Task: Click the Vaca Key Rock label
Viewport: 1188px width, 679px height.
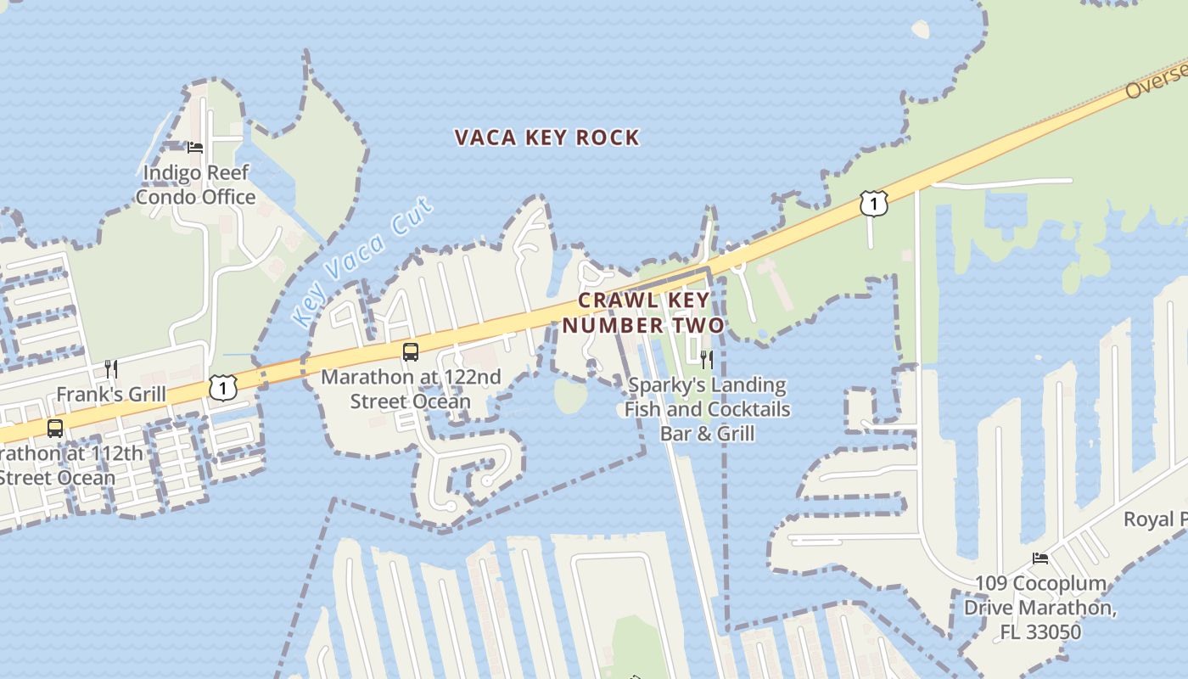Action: [x=546, y=137]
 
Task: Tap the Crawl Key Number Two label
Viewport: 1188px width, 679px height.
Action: [x=643, y=313]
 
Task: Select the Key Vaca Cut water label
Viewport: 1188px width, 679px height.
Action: [x=362, y=262]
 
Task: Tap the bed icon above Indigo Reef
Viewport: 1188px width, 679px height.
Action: [x=195, y=147]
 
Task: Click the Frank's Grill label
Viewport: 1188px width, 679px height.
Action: [x=111, y=395]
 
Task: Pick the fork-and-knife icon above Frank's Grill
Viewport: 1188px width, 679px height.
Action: [x=110, y=368]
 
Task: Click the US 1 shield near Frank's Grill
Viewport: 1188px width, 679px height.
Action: [x=221, y=388]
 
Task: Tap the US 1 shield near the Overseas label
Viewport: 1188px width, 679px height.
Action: [x=873, y=204]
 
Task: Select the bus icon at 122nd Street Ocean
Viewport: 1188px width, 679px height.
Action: [x=411, y=351]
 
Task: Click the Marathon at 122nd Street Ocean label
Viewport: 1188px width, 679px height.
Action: [x=411, y=389]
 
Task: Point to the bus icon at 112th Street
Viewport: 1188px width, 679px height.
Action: [x=55, y=428]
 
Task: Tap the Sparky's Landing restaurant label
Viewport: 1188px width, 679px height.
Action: [x=708, y=409]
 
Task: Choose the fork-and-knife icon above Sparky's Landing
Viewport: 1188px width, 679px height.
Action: [x=706, y=359]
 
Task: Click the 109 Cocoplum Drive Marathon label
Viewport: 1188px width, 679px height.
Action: [x=1040, y=608]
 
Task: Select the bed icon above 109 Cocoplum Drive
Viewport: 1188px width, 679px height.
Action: [x=1040, y=558]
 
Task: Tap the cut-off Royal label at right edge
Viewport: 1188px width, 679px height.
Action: [x=1155, y=519]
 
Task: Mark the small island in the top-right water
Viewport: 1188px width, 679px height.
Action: [x=920, y=29]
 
